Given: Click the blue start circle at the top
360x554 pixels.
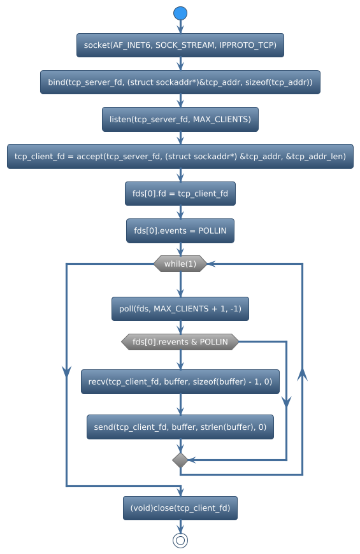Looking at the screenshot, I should tap(180, 13).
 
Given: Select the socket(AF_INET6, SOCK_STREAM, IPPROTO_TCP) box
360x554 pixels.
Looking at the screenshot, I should tap(180, 45).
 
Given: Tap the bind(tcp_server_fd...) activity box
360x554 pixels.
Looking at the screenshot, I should tap(180, 82).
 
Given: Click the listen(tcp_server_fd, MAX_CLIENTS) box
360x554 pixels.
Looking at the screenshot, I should tap(180, 119).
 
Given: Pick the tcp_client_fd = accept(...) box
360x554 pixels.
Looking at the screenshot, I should tap(180, 156).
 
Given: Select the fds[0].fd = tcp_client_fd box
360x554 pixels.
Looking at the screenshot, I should tap(180, 194).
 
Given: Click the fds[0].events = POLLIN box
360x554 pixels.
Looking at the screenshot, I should tap(180, 231).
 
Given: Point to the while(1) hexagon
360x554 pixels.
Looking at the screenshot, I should tap(180, 264).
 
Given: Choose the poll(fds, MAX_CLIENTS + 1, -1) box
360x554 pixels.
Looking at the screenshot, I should tap(180, 309).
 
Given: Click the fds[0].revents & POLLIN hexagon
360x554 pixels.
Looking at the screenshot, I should tap(180, 342).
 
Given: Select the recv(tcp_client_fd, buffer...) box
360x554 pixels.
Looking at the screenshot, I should tap(180, 381).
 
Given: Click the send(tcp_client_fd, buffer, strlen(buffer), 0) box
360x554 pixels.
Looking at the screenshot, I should tap(180, 427).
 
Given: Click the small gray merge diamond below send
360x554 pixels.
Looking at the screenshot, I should tap(180, 460).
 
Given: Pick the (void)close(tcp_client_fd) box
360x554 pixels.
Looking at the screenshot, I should tap(180, 508).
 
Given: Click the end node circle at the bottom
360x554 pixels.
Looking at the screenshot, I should tap(180, 540).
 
